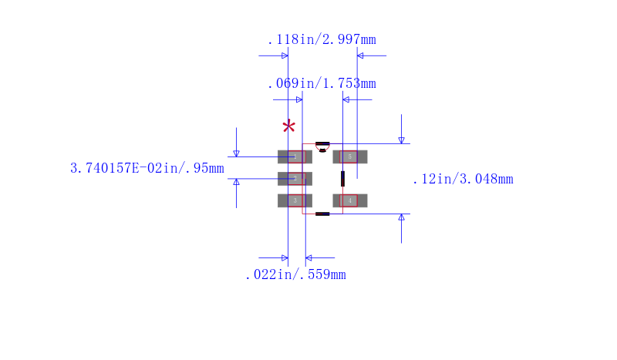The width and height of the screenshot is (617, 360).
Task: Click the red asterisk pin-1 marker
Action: coord(288,127)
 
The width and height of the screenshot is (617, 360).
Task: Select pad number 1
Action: coord(295,156)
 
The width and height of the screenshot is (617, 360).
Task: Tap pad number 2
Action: coord(295,179)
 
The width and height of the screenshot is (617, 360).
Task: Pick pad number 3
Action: coord(295,200)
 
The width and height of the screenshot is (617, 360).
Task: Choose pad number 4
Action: coord(350,200)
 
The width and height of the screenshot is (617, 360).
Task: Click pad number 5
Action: coord(350,156)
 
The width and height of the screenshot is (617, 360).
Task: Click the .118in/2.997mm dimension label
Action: coord(321,39)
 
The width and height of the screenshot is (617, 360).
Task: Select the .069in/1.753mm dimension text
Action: coord(321,83)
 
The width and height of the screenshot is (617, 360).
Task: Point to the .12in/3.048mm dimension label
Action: coord(462,180)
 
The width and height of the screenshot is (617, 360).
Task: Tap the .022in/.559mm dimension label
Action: coord(295,274)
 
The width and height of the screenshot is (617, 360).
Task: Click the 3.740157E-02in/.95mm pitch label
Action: coord(147,168)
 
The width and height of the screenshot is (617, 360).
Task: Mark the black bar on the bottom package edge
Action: coord(322,214)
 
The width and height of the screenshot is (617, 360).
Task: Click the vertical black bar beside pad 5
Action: coord(342,179)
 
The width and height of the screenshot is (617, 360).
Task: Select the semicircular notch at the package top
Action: coord(322,150)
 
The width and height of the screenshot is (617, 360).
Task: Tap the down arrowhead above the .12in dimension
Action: coord(401,140)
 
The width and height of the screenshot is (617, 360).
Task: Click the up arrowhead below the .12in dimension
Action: coord(401,218)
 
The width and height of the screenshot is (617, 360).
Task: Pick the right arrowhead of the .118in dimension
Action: coord(360,56)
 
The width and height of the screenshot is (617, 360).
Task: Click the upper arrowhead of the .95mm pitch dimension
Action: coord(236,153)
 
